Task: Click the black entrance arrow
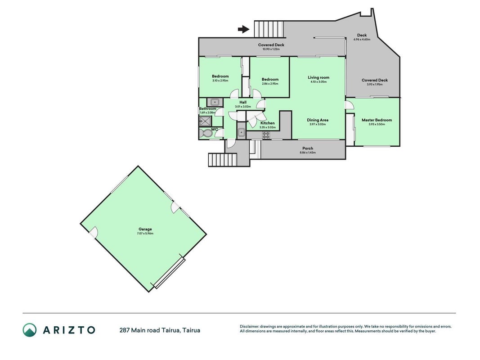[x=244, y=29]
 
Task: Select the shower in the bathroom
[x=205, y=121]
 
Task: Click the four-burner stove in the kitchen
[x=266, y=135]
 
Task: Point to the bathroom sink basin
[x=215, y=102]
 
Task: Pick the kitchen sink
[x=241, y=132]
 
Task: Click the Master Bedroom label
[x=377, y=120]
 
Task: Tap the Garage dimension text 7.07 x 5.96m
[x=145, y=234]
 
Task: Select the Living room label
[x=319, y=77]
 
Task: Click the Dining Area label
[x=318, y=120]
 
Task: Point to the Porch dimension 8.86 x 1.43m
[x=308, y=153]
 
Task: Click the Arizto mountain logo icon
[x=29, y=330]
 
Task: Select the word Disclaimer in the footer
[x=250, y=327]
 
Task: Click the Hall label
[x=243, y=102]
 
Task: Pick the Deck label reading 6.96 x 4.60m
[x=362, y=39]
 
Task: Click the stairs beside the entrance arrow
[x=269, y=29]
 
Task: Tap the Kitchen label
[x=268, y=123]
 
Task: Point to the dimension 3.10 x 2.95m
[x=220, y=81]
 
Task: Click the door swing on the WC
[x=219, y=133]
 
